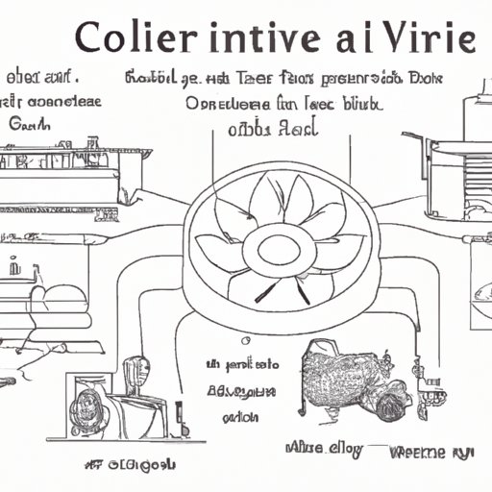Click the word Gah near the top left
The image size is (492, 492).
29,122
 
